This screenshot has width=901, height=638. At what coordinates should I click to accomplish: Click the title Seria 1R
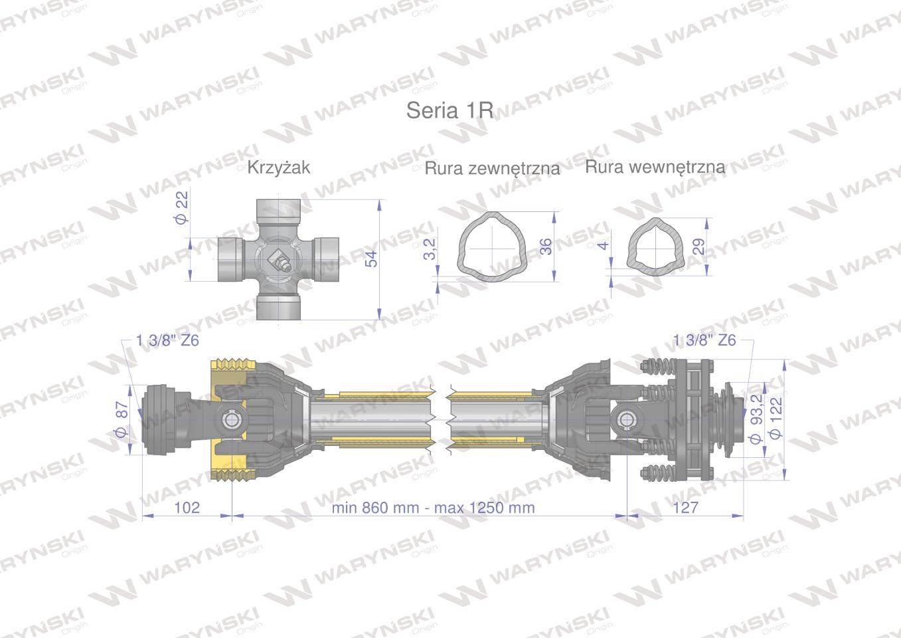point(450,110)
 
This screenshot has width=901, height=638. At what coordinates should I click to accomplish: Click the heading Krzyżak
point(279,167)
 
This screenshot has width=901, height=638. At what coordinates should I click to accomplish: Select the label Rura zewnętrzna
point(492,168)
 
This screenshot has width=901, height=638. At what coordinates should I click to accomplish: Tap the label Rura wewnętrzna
point(655,167)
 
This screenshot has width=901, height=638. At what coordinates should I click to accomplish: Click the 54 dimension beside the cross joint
point(372,259)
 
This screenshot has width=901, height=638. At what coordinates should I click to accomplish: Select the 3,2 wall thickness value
point(430,249)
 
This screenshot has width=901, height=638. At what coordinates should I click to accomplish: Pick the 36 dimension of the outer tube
point(545,247)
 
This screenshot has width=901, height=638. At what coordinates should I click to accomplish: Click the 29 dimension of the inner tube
point(699,247)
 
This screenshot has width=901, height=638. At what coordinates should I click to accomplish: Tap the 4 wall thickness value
point(604,245)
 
